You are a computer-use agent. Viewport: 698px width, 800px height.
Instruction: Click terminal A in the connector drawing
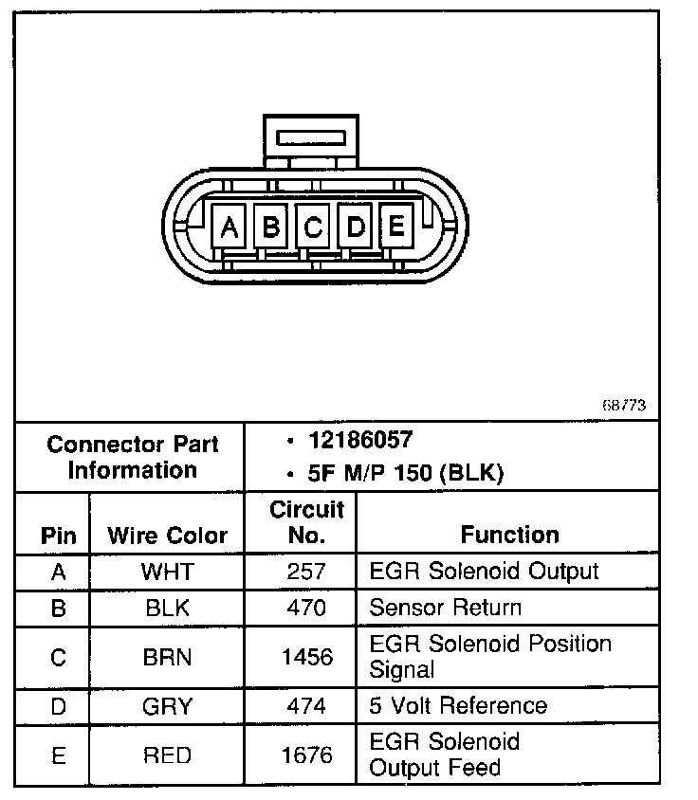(x=229, y=227)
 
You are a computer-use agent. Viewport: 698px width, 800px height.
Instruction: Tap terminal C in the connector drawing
(x=313, y=227)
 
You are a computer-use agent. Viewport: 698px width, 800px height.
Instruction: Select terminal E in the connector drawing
(x=396, y=226)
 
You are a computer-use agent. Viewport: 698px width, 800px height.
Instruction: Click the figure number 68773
(x=624, y=405)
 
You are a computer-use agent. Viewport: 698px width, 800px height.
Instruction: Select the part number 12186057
(x=360, y=440)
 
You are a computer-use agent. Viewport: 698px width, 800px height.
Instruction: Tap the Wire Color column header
(x=167, y=535)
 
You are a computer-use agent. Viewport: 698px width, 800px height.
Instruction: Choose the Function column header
(x=509, y=535)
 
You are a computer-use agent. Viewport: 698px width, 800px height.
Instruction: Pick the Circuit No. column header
(x=306, y=522)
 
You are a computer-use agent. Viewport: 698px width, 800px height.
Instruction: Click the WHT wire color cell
(x=167, y=572)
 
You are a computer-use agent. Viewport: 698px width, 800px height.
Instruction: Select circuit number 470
(x=306, y=608)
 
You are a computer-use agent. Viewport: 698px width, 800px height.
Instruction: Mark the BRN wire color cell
(x=167, y=656)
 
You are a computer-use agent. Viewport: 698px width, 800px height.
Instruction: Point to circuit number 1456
(x=306, y=656)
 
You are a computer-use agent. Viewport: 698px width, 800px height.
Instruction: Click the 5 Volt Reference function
(x=458, y=705)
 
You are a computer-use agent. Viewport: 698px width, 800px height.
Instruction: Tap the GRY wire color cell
(x=167, y=706)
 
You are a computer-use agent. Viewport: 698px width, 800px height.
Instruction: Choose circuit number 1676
(x=306, y=755)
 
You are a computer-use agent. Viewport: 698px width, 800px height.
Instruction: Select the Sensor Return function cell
(x=445, y=608)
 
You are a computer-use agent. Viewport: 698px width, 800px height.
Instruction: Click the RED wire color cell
(x=167, y=755)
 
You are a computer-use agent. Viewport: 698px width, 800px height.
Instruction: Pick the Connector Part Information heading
(x=133, y=457)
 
